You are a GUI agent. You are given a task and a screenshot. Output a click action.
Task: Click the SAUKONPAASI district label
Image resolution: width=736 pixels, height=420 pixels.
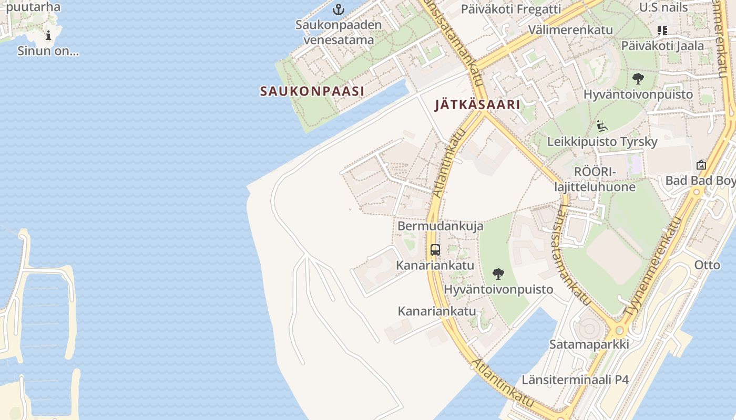pos(312,91)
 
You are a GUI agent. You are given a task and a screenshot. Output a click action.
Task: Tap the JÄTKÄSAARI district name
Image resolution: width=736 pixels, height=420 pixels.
pos(477,104)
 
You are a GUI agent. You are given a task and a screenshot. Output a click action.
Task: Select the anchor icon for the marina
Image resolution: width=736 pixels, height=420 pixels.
pos(339,9)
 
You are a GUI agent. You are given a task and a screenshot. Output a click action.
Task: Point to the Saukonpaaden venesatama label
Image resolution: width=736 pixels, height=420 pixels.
pos(339,32)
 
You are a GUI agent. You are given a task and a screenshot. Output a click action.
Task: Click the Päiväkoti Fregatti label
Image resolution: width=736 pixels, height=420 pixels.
pos(511,9)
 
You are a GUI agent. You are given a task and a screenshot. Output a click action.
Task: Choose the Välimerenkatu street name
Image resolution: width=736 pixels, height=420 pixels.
pos(571,29)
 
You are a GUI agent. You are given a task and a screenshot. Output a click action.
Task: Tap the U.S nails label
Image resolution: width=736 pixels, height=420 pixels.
pos(663,7)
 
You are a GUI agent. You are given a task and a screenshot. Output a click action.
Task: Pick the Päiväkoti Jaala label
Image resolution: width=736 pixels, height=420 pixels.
pos(662,46)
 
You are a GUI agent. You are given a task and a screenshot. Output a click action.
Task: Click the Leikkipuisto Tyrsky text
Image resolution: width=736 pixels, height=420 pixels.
pos(602,142)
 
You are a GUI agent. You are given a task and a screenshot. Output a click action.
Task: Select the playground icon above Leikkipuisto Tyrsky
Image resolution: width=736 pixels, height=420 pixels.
pos(602,126)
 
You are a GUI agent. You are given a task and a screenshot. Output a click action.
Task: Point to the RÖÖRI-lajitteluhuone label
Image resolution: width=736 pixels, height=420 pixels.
pos(595,179)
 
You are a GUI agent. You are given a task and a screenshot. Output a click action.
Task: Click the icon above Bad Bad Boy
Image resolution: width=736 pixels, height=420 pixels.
pos(701,165)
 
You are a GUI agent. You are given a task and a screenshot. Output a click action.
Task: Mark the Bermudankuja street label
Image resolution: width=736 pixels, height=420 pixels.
pos(433,226)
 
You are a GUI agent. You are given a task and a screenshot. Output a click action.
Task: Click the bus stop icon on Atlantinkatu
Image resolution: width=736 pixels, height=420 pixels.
pos(435,250)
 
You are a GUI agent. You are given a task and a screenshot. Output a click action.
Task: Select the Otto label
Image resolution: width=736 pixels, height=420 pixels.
pos(707,265)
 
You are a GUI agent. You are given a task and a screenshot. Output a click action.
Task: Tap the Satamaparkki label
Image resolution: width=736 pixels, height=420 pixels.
pos(589,344)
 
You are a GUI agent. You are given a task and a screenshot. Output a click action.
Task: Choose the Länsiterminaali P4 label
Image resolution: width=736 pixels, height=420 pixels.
pos(575,380)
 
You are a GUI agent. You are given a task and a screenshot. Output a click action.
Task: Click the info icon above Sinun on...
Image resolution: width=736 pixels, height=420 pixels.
pos(48,36)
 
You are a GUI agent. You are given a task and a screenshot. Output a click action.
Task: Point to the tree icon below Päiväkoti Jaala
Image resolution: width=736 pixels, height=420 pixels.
pos(638,79)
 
